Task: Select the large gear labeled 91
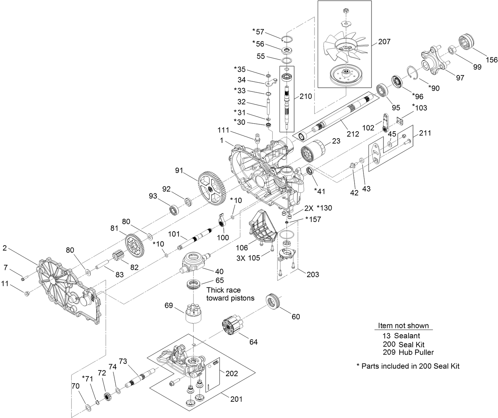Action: pyautogui.click(x=212, y=188)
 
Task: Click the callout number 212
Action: pyautogui.click(x=353, y=134)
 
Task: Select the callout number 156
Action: pyautogui.click(x=492, y=59)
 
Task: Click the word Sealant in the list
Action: pyautogui.click(x=407, y=336)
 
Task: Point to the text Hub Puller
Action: pyautogui.click(x=416, y=352)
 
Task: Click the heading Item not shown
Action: pyautogui.click(x=403, y=326)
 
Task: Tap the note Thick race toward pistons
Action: pyautogui.click(x=230, y=294)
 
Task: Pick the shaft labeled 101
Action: pyautogui.click(x=196, y=238)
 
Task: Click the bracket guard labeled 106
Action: pyautogui.click(x=262, y=228)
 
